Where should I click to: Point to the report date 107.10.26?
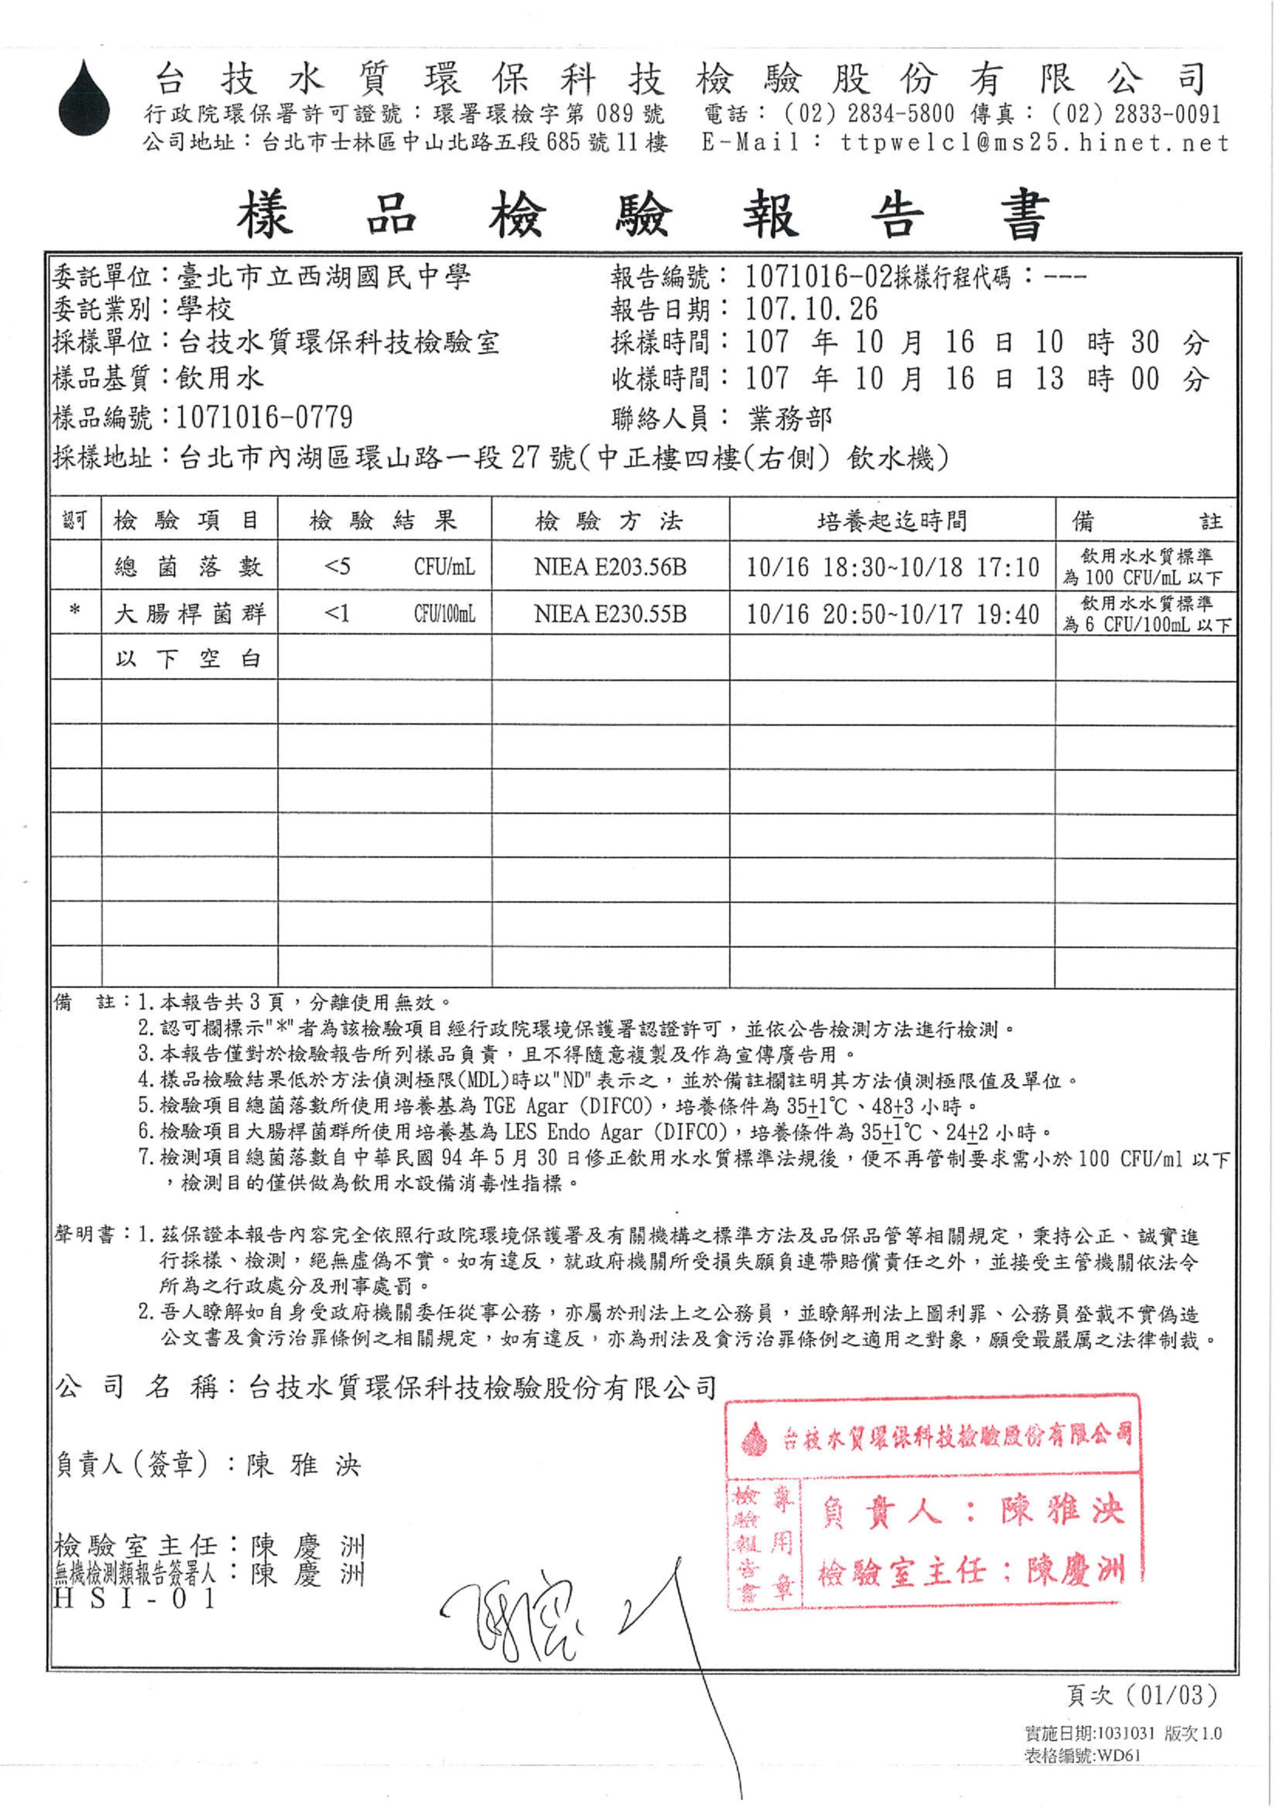coord(811,309)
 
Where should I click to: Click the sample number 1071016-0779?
coord(264,417)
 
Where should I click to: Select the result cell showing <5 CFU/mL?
coord(384,566)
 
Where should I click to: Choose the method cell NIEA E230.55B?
coord(610,614)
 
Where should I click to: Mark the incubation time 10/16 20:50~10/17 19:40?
coord(892,614)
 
